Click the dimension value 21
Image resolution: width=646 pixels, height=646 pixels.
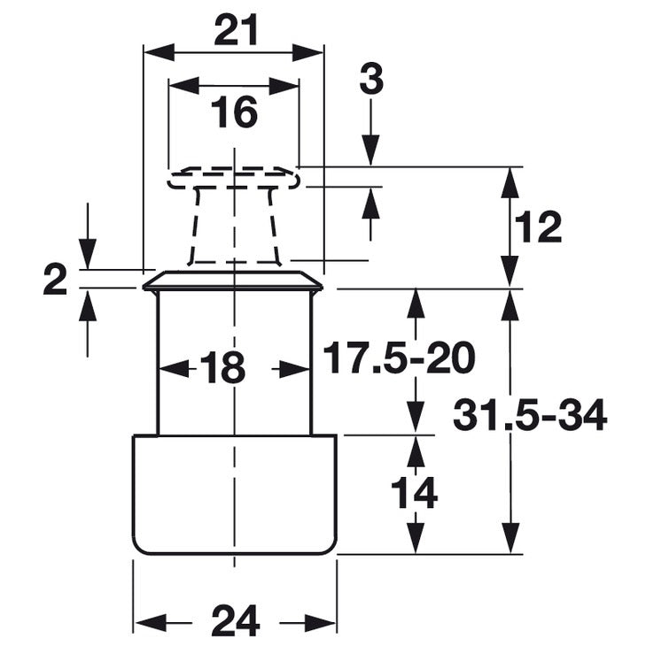[x=235, y=31]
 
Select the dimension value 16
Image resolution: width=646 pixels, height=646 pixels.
[x=234, y=112]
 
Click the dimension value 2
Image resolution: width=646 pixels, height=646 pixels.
[x=55, y=284]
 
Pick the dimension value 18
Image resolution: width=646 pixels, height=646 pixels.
[x=222, y=368]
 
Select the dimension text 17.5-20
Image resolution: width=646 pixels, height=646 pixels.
[x=398, y=358]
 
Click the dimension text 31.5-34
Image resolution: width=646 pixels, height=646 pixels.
[x=530, y=414]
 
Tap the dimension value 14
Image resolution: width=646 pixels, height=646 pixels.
[x=414, y=493]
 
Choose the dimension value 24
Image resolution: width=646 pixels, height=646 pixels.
[x=235, y=620]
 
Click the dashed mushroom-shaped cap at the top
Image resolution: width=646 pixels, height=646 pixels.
[x=234, y=180]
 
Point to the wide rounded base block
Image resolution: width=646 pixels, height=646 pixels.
[x=234, y=494]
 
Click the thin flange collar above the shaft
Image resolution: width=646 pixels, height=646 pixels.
[x=233, y=282]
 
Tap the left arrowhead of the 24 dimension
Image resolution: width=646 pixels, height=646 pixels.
[x=147, y=620]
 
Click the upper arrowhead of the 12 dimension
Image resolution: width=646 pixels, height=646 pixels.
[x=510, y=181]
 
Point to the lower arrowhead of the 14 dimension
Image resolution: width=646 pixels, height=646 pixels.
[x=414, y=539]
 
